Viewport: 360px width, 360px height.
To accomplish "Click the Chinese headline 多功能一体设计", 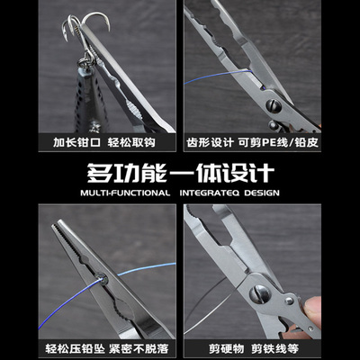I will (180, 174).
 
